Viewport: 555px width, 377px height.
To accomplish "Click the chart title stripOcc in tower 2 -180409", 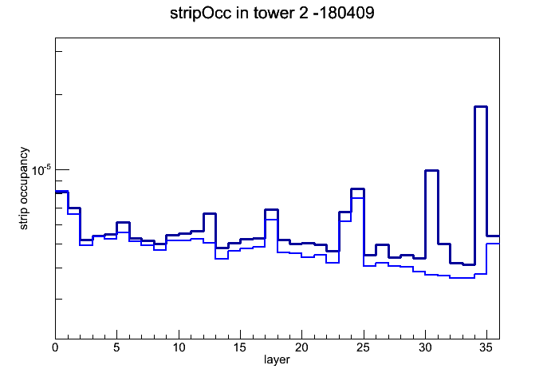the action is (x=272, y=14).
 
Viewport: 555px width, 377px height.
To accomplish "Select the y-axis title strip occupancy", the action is (x=23, y=188).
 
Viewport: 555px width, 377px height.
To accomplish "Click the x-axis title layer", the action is (x=277, y=359).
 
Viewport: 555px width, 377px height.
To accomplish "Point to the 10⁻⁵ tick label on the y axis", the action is (x=41, y=170).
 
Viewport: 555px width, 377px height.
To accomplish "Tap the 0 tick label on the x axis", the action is (x=55, y=347).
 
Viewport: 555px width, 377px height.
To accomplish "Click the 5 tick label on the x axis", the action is (x=116, y=347).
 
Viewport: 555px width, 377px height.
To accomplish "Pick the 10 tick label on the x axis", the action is (x=179, y=347).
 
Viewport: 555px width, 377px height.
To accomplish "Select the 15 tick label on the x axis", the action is (x=240, y=347).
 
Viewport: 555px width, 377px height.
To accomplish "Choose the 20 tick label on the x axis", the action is (x=301, y=347).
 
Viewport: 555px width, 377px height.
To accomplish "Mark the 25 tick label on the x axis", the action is (x=363, y=347).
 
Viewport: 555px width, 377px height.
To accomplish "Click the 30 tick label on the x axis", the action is (x=425, y=347).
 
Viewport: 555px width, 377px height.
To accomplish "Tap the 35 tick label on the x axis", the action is (x=486, y=347).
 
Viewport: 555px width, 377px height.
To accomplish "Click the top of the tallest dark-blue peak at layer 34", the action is (x=481, y=106).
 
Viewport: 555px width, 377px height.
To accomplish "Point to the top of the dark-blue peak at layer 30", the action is (x=431, y=171).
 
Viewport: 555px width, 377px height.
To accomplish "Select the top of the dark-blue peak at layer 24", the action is (x=357, y=189).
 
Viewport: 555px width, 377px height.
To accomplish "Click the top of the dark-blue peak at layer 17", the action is (x=271, y=209).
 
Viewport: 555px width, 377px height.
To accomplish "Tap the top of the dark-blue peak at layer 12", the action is (x=210, y=213).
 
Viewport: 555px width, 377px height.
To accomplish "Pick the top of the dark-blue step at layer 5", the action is (x=123, y=222).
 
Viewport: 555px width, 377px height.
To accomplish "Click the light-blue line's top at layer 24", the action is (x=357, y=198).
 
